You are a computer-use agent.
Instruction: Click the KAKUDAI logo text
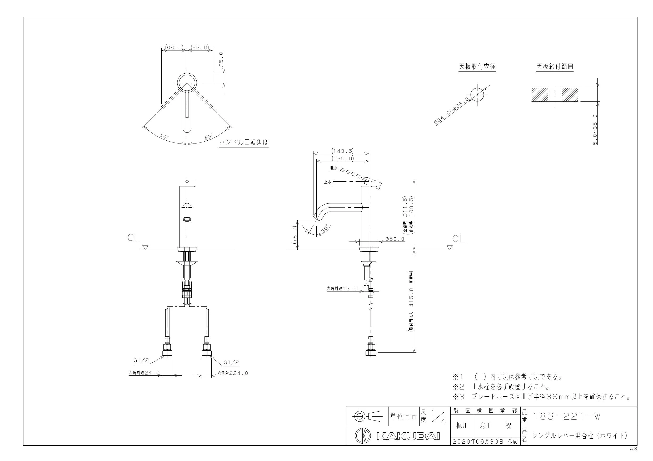tap(408, 436)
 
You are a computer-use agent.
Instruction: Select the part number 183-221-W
tap(566, 416)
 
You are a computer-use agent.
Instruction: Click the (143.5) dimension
tap(342, 151)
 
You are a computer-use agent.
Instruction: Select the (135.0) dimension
tap(342, 158)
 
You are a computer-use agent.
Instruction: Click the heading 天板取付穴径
tap(477, 67)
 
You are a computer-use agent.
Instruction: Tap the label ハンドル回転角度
tap(243, 142)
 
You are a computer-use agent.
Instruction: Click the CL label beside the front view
tap(134, 238)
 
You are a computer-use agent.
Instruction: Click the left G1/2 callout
tap(141, 360)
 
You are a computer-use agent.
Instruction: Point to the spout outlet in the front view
tap(187, 219)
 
